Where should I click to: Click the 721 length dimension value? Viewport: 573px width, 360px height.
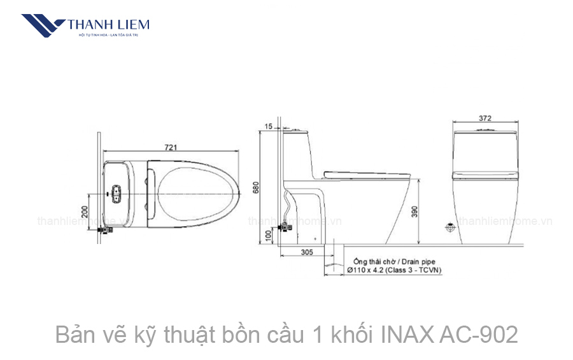pos(171,147)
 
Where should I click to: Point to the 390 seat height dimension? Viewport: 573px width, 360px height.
pos(415,212)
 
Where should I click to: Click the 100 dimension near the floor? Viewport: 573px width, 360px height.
pos(269,236)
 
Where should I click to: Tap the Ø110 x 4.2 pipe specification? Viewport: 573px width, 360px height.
pos(372,270)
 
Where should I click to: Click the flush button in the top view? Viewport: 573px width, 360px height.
pos(117,192)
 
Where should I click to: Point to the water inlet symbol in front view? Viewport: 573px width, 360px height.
pos(450,227)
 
